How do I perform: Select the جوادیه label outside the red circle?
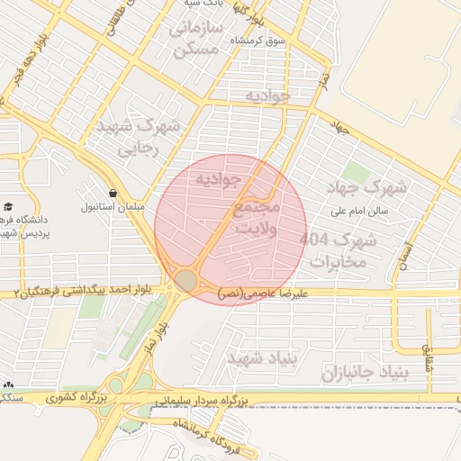267,95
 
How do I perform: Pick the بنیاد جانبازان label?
365,372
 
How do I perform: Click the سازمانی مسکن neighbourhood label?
194,40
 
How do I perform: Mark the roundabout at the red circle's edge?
186,280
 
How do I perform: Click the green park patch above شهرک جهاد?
356,171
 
